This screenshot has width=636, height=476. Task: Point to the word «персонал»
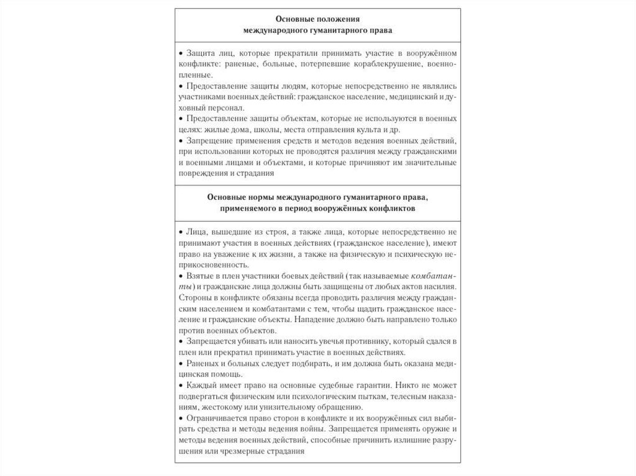click(216, 107)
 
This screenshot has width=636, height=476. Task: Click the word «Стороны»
click(195, 298)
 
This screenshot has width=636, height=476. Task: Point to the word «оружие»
click(435, 429)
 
